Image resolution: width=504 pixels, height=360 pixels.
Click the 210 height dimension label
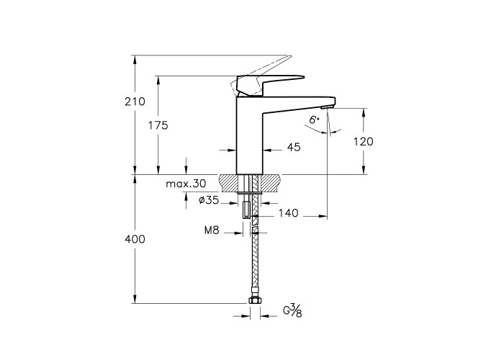[x=135, y=102]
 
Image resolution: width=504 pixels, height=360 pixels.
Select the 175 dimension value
[x=158, y=125]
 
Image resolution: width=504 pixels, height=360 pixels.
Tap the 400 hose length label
[x=135, y=239]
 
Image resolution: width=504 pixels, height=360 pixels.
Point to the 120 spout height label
[x=364, y=141]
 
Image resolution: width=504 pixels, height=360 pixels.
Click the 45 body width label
[x=294, y=147]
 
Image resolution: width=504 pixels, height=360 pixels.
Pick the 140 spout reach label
[x=288, y=213]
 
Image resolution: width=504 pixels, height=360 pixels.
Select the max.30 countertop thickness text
[x=186, y=184]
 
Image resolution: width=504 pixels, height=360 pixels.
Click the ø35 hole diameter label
[x=209, y=200]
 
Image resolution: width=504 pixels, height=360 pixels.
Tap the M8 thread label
[x=212, y=230]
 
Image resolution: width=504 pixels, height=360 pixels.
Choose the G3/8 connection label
[x=292, y=310]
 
